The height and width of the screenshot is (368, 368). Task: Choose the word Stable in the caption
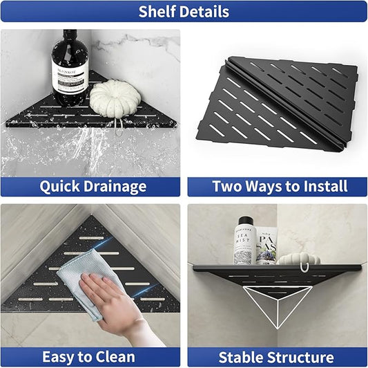click(242, 358)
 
